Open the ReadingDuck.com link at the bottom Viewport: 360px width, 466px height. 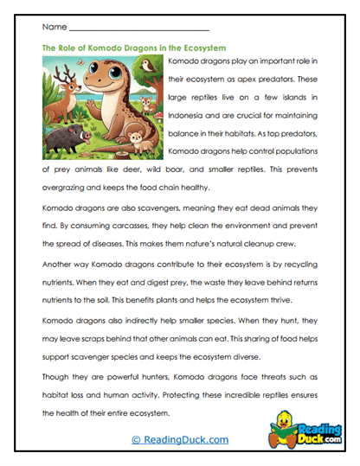pyautogui.click(x=180, y=440)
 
